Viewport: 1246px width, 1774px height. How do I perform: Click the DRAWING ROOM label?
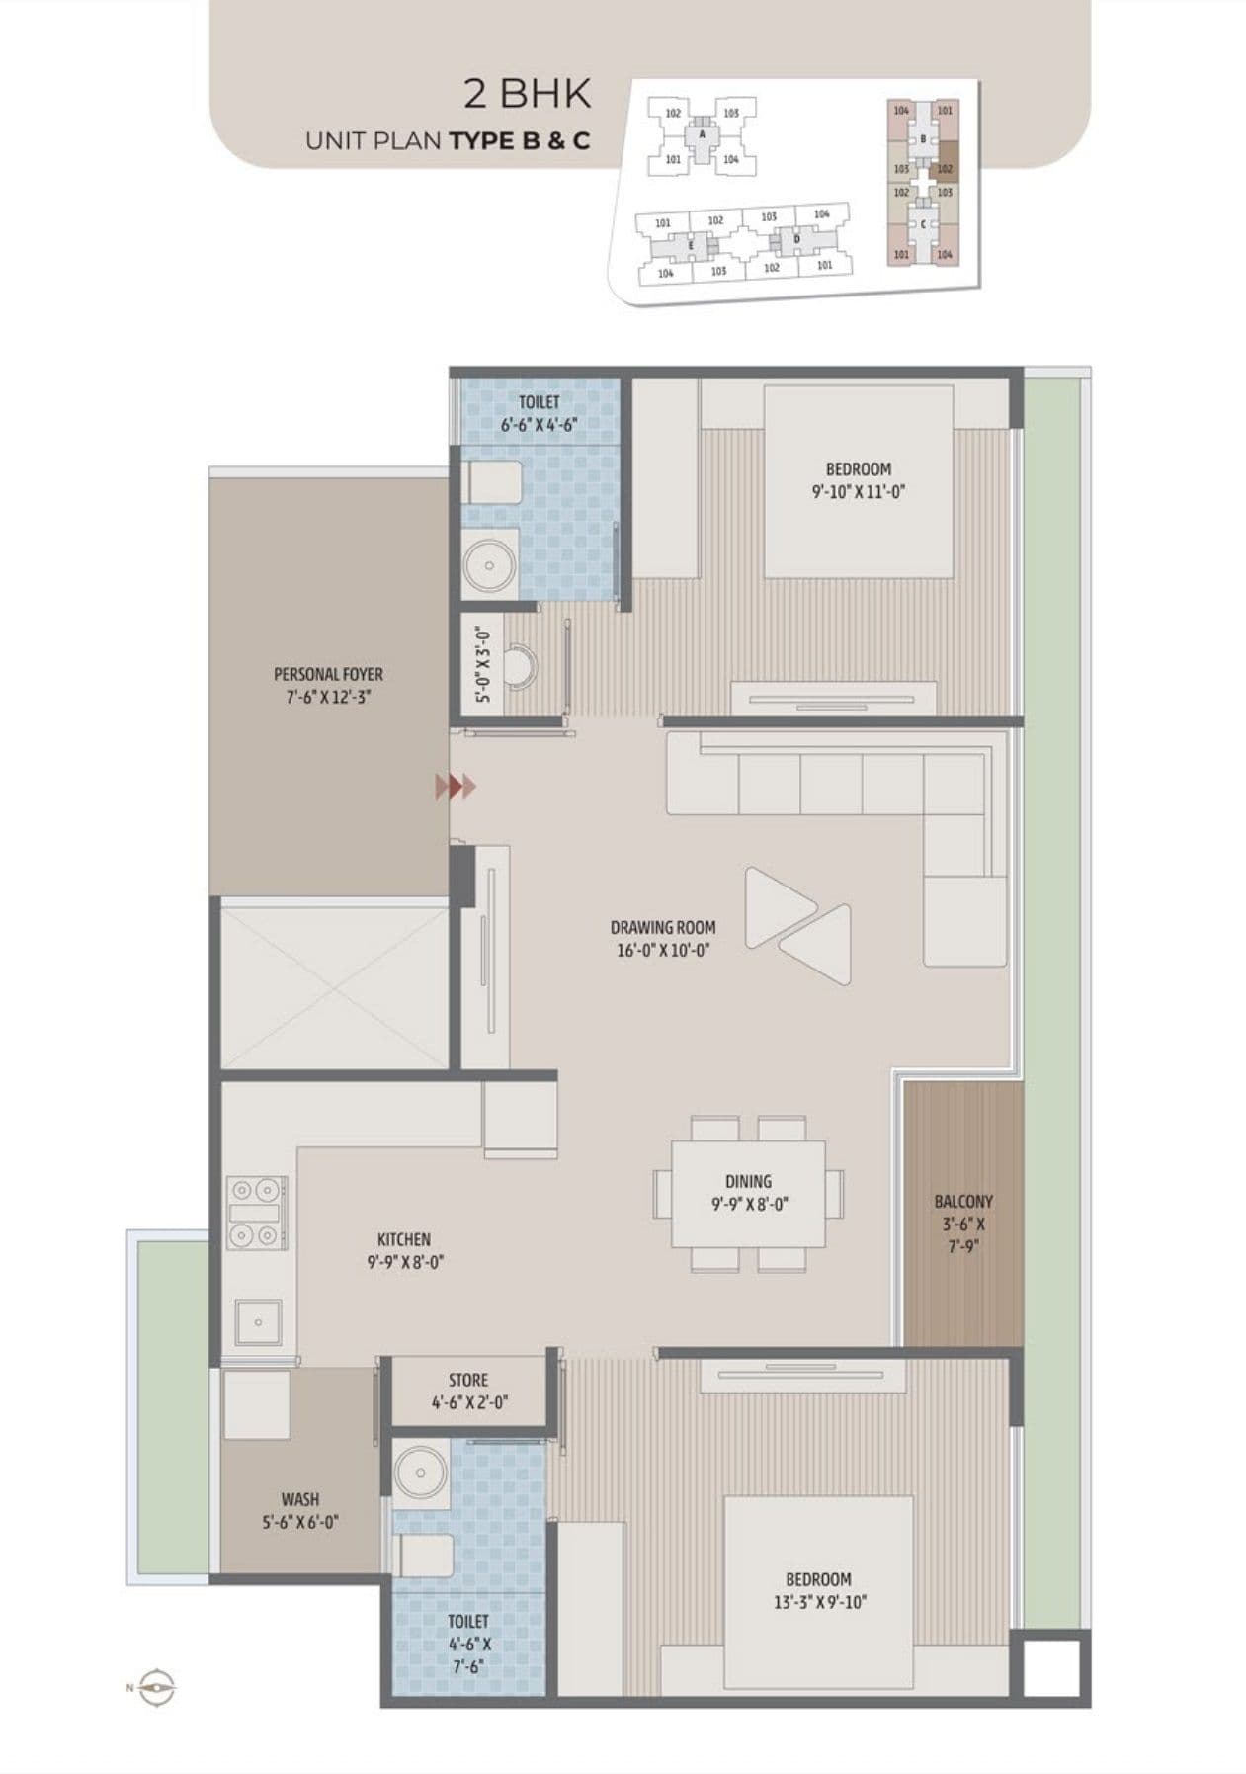[662, 928]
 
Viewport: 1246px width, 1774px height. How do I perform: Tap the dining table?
[748, 1193]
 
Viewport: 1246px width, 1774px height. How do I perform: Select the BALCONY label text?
[962, 1202]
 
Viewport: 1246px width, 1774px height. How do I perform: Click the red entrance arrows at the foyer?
[457, 787]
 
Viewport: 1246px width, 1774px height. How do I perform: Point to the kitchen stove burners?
[257, 1213]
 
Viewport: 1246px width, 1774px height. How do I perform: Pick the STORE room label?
[468, 1380]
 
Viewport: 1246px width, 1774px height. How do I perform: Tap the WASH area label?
[300, 1499]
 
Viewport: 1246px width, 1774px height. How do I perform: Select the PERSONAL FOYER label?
[328, 674]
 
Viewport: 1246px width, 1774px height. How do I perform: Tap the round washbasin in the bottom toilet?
[420, 1472]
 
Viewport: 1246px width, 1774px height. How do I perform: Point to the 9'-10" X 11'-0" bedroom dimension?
[858, 490]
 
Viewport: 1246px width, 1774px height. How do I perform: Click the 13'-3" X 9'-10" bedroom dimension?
[819, 1602]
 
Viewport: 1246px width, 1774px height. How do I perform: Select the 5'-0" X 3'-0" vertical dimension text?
[482, 664]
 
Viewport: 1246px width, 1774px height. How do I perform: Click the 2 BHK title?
[528, 95]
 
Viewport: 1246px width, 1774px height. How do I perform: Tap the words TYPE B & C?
[520, 140]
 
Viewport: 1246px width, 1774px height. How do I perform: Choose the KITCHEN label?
[403, 1239]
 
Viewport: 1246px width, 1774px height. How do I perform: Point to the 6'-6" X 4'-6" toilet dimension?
[539, 424]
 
